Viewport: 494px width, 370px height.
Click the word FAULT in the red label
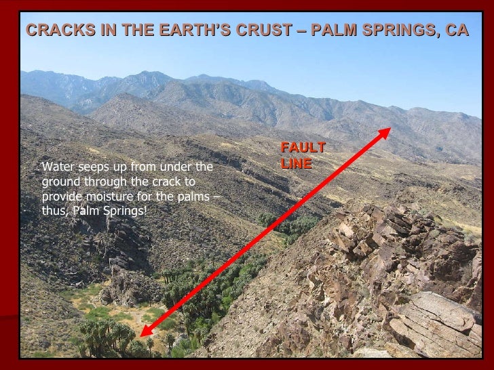click(303, 148)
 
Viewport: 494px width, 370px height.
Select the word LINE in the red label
click(296, 163)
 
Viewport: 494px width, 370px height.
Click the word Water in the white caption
click(57, 167)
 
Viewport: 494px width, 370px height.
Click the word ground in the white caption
click(60, 182)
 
